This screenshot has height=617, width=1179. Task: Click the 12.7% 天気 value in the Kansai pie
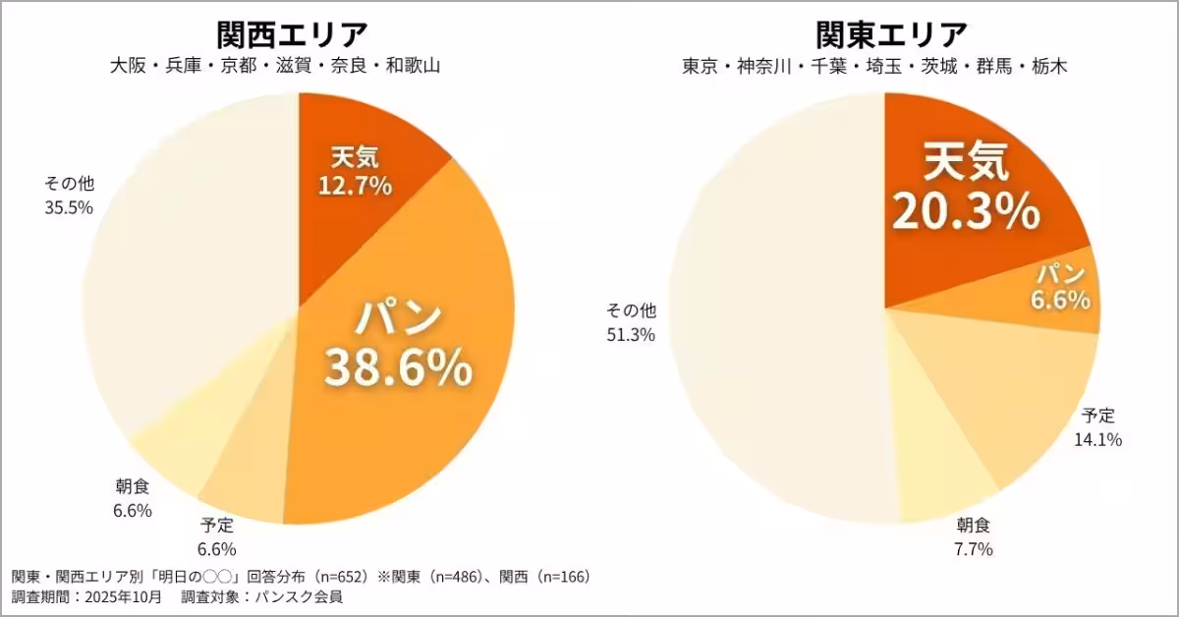pos(355,185)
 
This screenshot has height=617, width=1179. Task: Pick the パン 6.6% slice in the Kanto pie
pos(1060,286)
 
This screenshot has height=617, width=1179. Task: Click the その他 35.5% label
pos(68,195)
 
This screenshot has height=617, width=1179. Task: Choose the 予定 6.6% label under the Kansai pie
pos(216,536)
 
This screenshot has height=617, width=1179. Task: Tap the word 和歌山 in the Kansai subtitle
pos(412,67)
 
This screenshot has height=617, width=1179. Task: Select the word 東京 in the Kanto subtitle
pos(701,67)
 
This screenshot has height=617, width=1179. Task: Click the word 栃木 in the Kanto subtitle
pos(1044,67)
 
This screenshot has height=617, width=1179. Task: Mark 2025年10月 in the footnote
pos(121,596)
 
